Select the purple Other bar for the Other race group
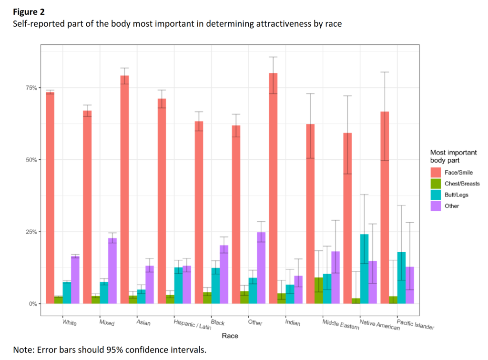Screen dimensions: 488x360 pos(261,267)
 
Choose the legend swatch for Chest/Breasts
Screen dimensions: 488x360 pos(437,183)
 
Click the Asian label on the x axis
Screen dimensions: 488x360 pos(143,323)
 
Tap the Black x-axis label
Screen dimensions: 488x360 pos(217,323)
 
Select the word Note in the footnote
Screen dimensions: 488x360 pos(22,350)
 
